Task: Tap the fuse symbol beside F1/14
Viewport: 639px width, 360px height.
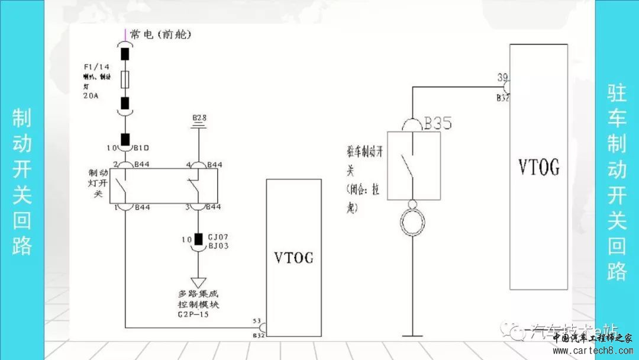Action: tap(125, 78)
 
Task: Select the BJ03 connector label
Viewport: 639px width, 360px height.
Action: tap(218, 245)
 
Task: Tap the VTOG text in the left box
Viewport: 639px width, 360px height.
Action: tap(294, 258)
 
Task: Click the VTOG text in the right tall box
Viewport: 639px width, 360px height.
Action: tap(538, 168)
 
